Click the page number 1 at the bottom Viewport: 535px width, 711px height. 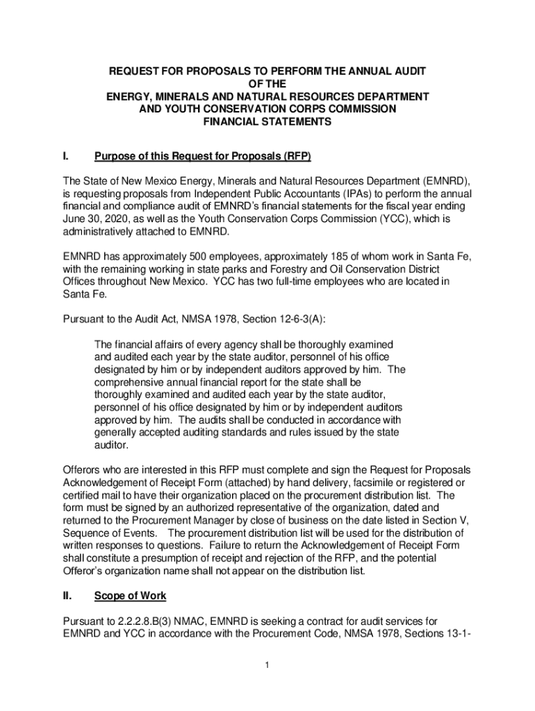(267, 666)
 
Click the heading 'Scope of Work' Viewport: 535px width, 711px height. (130, 596)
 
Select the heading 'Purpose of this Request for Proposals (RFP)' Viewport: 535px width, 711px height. (197, 157)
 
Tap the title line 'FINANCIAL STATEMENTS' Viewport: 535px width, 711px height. (267, 121)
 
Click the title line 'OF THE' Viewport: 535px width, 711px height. (267, 83)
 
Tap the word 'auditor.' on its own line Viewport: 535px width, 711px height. (111, 446)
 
